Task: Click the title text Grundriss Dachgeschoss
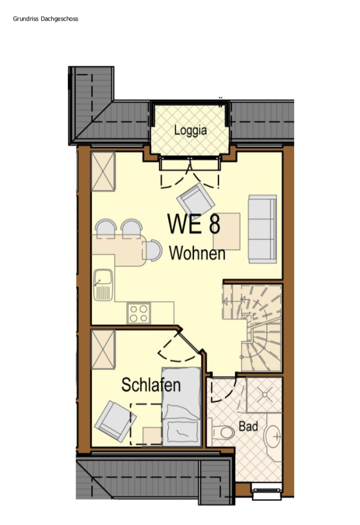tap(46, 19)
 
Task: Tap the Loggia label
tap(191, 130)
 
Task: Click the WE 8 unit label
tap(194, 224)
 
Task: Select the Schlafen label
tap(151, 385)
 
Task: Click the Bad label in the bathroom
tap(248, 426)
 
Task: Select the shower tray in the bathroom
tap(264, 394)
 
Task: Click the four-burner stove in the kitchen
tap(138, 313)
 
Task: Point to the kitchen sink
tap(103, 284)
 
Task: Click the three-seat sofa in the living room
tap(262, 229)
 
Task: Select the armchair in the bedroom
tap(115, 421)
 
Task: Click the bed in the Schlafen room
tap(182, 406)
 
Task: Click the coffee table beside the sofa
tap(227, 232)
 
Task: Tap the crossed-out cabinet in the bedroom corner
tap(103, 350)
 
